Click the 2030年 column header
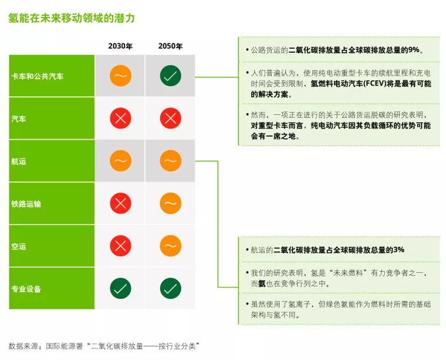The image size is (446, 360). pos(120,46)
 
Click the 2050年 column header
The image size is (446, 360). pos(170,46)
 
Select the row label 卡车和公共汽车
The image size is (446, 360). pos(38,76)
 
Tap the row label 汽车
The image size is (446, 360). pos(19,119)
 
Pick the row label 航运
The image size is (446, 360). pos(19,162)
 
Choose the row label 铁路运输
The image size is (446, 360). pos(26,204)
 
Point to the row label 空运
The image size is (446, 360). pos(19,247)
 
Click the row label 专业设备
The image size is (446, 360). pos(26,289)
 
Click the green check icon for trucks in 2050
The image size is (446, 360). pos(170,76)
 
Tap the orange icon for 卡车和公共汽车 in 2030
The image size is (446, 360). pos(120,76)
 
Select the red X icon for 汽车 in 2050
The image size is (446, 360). pos(170,119)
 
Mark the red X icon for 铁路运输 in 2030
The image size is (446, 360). pos(120,204)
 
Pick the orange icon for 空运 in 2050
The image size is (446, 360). pos(170,246)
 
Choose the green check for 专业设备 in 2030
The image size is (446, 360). pos(120,288)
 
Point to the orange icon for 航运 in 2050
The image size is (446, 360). pos(170,161)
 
